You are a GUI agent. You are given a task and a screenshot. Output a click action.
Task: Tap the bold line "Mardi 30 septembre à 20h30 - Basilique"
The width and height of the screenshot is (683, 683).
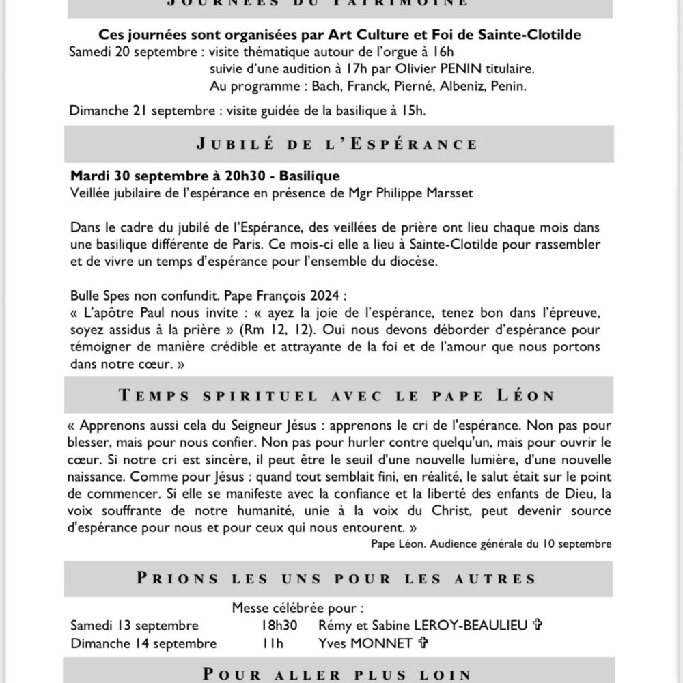[205, 176]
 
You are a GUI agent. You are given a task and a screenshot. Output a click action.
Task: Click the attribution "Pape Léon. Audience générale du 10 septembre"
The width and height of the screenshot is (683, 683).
[491, 544]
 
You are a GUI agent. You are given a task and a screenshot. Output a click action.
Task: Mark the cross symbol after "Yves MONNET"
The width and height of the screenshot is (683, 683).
[423, 643]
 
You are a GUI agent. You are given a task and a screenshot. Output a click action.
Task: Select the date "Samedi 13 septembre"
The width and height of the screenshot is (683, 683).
[135, 626]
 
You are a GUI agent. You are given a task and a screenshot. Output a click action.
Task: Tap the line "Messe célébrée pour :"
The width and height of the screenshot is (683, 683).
[298, 607]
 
